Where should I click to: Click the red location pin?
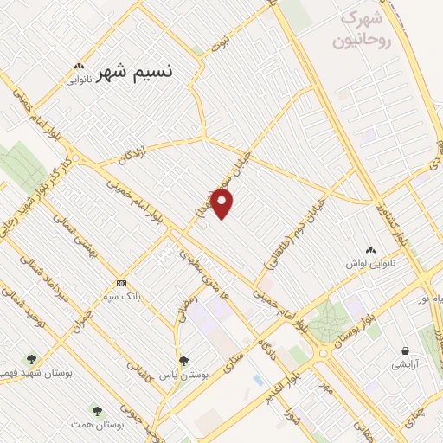coord(222,204)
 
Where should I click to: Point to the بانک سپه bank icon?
coord(120,284)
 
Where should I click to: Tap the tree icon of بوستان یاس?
coord(183,360)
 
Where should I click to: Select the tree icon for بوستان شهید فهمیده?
coord(33,358)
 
